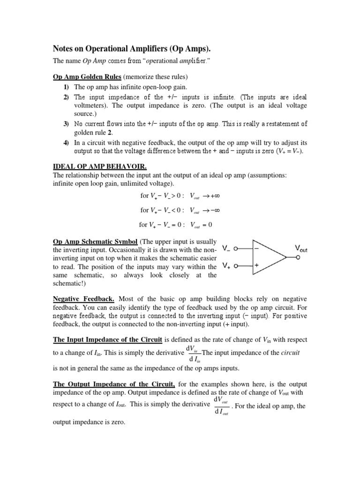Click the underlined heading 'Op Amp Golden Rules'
click(88, 76)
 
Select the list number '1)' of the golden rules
click(66, 87)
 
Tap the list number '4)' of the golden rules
click(66, 142)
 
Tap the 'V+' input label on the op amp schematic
click(226, 266)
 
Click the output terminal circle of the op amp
click(298, 257)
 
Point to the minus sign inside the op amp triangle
click(256, 248)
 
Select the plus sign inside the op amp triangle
click(256, 265)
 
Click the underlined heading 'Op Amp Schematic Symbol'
click(95, 241)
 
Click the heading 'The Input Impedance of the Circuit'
click(108, 339)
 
